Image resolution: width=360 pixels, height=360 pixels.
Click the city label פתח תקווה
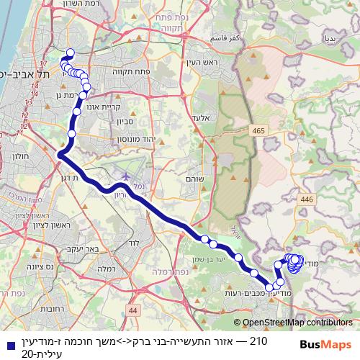point(129,71)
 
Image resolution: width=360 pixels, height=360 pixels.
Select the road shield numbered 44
point(132,310)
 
